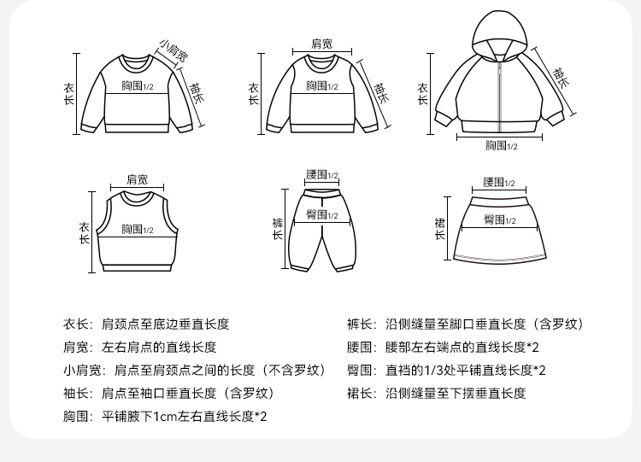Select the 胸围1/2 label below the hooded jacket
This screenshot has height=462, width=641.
(501, 145)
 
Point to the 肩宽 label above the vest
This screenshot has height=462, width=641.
(137, 179)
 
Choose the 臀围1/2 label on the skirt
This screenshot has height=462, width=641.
(500, 219)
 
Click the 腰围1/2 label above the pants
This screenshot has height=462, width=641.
(322, 175)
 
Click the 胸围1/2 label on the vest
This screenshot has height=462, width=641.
(137, 229)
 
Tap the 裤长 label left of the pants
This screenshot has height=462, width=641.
(278, 228)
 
